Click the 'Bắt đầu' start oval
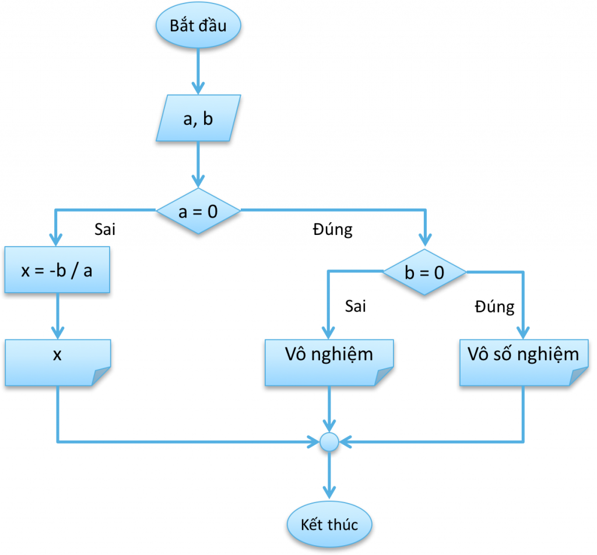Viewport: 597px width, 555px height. click(x=198, y=26)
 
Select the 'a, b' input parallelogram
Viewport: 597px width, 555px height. click(x=198, y=120)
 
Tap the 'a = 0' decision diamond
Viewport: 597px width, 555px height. click(x=198, y=211)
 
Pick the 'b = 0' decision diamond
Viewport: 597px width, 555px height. click(x=424, y=272)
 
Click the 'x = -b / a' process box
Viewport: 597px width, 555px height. click(x=57, y=271)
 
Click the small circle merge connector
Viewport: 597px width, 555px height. click(x=329, y=441)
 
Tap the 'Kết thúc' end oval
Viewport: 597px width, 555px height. click(x=329, y=524)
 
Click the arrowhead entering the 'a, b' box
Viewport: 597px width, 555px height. click(x=198, y=89)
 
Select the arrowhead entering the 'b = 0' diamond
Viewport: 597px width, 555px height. click(x=425, y=240)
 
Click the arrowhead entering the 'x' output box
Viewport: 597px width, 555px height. click(x=57, y=333)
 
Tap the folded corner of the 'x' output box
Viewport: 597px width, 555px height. click(x=101, y=377)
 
